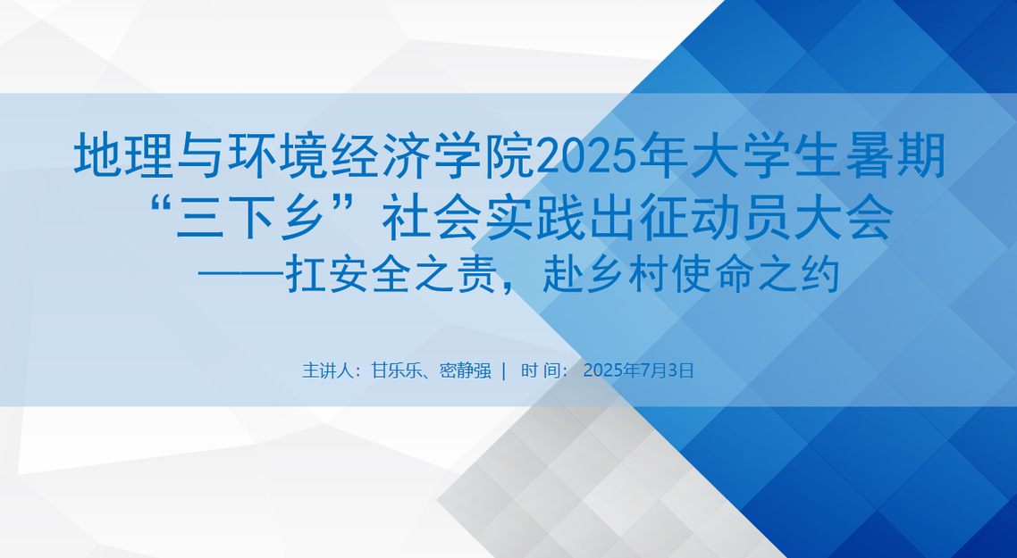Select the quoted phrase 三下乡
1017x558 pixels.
(249, 217)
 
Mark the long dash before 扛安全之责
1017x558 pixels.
(240, 276)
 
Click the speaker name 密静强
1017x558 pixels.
(465, 371)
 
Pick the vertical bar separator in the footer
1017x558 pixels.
(504, 371)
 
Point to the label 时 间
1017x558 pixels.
(538, 371)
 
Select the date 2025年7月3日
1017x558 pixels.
(638, 371)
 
